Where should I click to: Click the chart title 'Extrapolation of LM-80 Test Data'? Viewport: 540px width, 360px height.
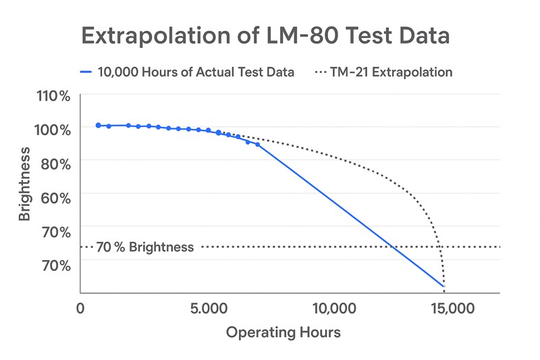click(265, 35)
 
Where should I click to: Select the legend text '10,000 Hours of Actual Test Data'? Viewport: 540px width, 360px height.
click(196, 72)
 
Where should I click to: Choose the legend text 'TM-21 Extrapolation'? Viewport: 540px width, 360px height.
click(391, 72)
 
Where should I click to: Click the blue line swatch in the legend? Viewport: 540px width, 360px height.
click(86, 72)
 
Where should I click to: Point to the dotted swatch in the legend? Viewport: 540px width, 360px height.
click(321, 72)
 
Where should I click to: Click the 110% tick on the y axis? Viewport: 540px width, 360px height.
click(53, 96)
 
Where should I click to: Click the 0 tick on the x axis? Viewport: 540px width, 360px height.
click(80, 309)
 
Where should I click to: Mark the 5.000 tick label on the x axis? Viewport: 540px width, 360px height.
click(209, 309)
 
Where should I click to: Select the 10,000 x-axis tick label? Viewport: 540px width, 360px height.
click(335, 309)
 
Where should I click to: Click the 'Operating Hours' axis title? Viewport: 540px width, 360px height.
click(283, 332)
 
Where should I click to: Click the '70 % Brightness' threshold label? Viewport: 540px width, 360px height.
click(144, 247)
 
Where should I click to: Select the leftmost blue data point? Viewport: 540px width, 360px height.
click(98, 126)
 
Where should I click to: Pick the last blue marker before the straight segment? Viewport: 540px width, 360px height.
click(257, 145)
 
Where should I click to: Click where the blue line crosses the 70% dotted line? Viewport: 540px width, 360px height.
click(393, 247)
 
